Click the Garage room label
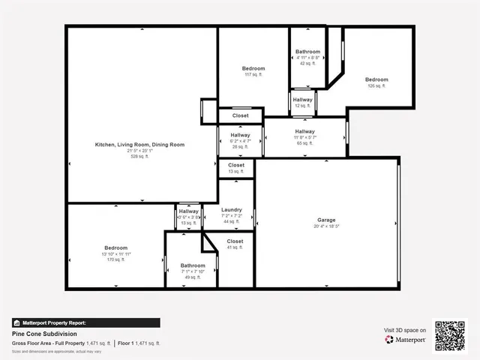pos(327,220)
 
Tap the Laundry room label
pos(231,210)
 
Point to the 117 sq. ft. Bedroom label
pos(253,68)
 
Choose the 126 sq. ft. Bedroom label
pos(376,79)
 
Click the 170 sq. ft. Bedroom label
pos(115,247)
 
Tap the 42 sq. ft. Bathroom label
pos(307,52)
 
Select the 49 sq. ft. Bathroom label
pos(193,265)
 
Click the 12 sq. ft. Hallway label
pos(303,100)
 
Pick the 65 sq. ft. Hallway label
pos(304,132)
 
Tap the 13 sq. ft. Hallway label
pos(188,211)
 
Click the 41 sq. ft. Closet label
pos(235,241)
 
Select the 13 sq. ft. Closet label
pos(236,165)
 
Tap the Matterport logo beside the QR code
pos(406,340)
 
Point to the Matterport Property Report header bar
pos(85,322)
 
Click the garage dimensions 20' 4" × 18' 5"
pos(327,226)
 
